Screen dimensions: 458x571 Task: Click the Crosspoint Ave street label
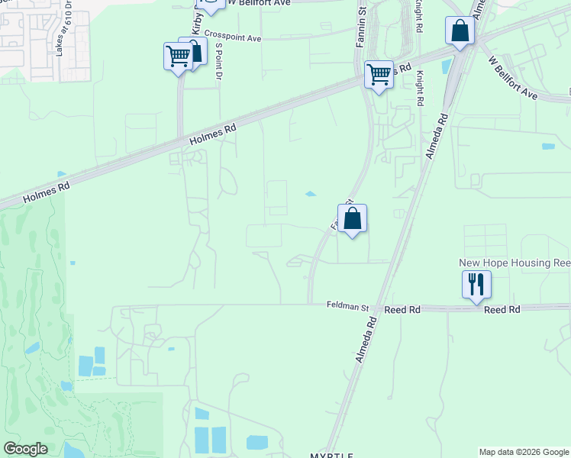233,38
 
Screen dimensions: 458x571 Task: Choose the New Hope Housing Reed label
515,263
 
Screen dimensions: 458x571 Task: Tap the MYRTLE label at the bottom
332,455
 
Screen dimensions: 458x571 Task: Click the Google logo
25,449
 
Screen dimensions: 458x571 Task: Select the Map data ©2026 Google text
524,452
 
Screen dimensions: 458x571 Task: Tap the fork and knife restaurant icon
476,285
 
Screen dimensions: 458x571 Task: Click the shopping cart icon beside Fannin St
379,75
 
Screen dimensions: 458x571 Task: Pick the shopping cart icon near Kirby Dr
178,56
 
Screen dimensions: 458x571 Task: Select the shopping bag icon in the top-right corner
460,31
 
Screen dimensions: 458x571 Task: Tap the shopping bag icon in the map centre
353,218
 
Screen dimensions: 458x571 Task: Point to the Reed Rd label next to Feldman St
402,310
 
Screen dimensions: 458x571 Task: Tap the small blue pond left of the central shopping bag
311,194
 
